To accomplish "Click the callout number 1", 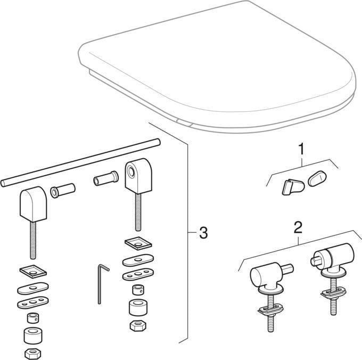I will coord(301,149).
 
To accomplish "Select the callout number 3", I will coord(202,233).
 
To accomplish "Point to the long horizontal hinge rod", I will coord(80,162).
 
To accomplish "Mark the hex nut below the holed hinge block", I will coord(137,324).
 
